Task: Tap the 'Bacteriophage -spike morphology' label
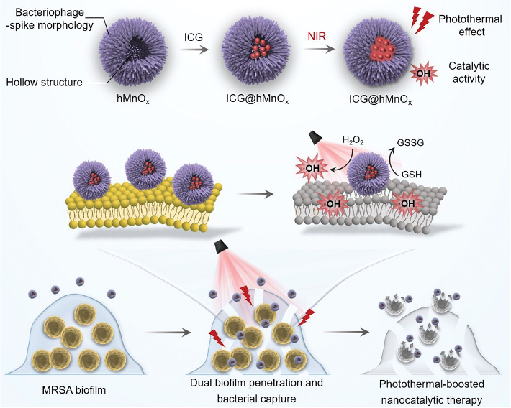point(51,19)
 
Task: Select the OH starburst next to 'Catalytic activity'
point(423,73)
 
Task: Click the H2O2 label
point(353,140)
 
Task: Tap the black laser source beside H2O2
point(317,137)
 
